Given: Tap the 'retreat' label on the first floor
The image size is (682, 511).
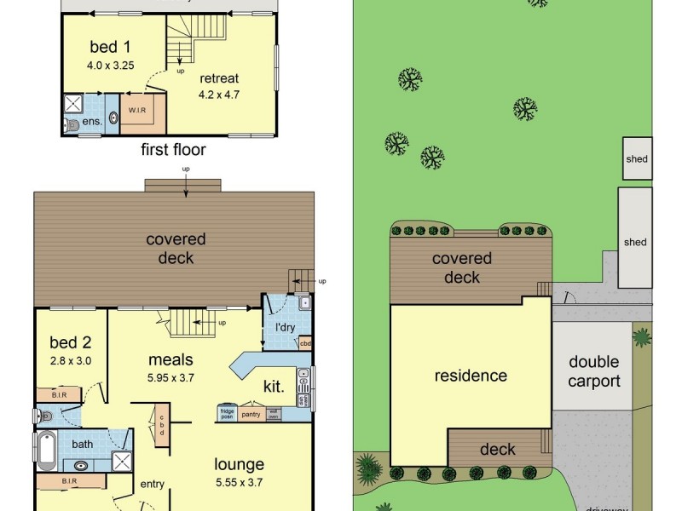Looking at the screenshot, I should [x=219, y=78].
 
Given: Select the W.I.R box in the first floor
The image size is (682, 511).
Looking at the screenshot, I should [x=136, y=111].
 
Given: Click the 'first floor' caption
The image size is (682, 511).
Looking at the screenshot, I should [x=174, y=151].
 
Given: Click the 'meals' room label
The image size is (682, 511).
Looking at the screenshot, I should [x=170, y=359].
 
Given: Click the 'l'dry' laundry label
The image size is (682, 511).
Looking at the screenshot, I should [x=284, y=328].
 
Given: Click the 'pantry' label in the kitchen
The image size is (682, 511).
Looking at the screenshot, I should [x=251, y=414].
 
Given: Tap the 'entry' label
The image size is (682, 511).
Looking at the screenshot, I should [x=152, y=484].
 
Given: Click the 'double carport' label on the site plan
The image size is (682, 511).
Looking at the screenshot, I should [x=594, y=371].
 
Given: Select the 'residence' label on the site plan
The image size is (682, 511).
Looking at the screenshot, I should [x=471, y=376].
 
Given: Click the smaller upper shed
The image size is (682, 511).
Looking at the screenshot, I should [x=636, y=158].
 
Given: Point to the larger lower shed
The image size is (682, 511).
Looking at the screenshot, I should [x=635, y=242].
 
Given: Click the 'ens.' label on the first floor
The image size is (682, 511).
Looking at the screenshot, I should [x=93, y=123].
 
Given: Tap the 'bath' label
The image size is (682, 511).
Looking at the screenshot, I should [x=83, y=445].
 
